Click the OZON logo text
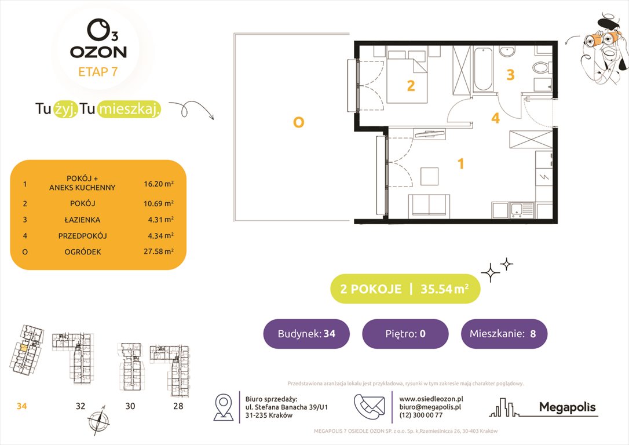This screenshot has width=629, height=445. coord(98,52)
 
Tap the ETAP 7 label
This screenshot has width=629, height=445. coord(98,72)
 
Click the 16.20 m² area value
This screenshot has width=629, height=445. coord(159,184)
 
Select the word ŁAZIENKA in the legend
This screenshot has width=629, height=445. coord(82,220)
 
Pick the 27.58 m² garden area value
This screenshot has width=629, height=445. coord(159,252)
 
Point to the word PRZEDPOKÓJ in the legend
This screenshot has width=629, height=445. coord(82,236)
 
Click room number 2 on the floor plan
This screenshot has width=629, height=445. coord(411,86)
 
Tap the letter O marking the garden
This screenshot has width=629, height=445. coord(298,122)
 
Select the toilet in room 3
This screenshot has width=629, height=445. coord(543,67)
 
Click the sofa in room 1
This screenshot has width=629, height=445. coord(429,206)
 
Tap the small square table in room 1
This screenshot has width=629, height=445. coord(430,175)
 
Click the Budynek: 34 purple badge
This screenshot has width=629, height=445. coord(307,334)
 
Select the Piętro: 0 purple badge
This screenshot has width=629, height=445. coord(405,334)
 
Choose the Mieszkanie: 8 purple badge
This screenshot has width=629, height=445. coord(504,334)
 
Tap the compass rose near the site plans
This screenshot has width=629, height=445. coord(99,419)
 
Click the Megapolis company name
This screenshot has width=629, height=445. coord(567,407)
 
